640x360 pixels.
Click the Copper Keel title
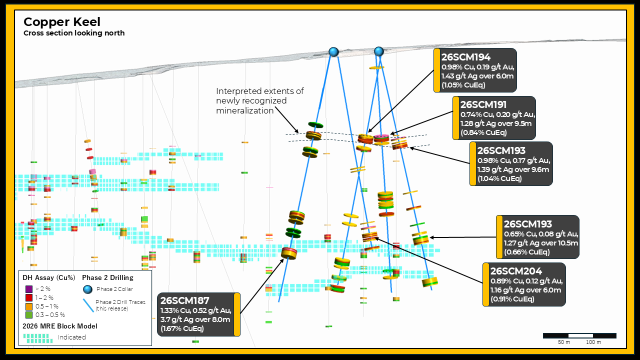tap(62, 22)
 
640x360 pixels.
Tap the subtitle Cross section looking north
tap(74, 33)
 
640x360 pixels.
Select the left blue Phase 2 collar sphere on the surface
tap(333, 52)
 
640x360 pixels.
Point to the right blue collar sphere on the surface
tap(379, 51)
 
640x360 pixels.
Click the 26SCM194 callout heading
tap(465, 57)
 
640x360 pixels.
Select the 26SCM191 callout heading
tap(483, 104)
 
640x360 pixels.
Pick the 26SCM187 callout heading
tap(185, 300)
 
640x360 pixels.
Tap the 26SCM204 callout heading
tap(516, 271)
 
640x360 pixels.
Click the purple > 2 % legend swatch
tap(29, 289)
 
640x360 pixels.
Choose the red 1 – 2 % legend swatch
tap(29, 297)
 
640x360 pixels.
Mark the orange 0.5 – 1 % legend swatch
tap(29, 306)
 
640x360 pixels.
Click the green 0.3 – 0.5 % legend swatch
tap(29, 315)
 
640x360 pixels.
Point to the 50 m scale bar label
tap(564, 342)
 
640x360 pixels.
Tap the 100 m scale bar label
tap(593, 342)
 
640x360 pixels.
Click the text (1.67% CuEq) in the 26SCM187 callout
tap(182, 328)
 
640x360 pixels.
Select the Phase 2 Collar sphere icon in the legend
tap(87, 289)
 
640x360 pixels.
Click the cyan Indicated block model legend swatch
tap(38, 338)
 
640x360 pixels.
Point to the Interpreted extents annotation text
tap(259, 101)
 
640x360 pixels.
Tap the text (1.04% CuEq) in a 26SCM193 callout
tap(499, 178)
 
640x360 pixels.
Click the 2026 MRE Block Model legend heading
tap(60, 326)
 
